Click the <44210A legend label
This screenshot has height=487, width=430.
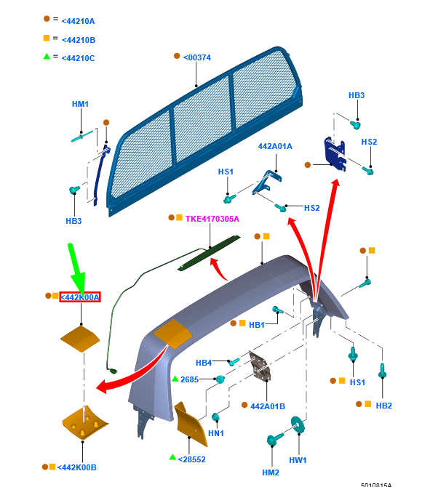click(78, 21)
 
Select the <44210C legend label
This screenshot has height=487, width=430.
click(78, 58)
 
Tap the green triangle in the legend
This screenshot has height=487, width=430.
click(47, 57)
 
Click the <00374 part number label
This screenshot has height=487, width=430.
click(197, 57)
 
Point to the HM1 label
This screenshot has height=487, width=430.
click(80, 104)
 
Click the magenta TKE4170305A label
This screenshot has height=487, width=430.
click(212, 219)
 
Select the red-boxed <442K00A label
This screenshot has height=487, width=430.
click(80, 297)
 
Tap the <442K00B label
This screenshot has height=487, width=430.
click(77, 467)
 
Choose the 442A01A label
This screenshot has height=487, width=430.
click(275, 146)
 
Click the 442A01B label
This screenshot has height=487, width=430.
click(268, 406)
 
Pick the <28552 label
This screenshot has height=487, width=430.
click(191, 459)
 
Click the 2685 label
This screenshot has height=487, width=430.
click(189, 379)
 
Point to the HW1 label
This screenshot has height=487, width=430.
click(298, 460)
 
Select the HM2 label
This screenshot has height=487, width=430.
click(271, 472)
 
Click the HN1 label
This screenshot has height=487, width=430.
click(216, 433)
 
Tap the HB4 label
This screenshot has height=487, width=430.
click(204, 363)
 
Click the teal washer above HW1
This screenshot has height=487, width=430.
click(298, 424)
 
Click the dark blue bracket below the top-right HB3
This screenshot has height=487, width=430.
click(335, 154)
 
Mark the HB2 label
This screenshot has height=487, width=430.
click(383, 406)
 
